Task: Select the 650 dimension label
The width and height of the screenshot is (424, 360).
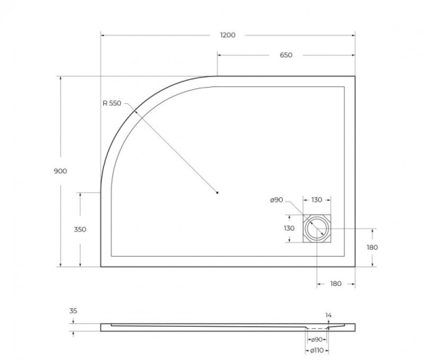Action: (x=285, y=55)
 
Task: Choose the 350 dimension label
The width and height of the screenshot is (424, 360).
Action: (x=80, y=229)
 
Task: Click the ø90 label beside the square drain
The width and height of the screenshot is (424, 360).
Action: (x=276, y=200)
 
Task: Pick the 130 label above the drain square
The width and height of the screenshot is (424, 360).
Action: (x=317, y=200)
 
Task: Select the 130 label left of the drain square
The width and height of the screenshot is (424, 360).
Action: (x=289, y=228)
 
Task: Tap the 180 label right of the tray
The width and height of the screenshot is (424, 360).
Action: (x=372, y=247)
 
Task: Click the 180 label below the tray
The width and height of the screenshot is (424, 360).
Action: (x=336, y=283)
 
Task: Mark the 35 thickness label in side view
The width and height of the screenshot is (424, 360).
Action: (x=73, y=310)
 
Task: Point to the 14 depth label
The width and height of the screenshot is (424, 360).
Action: (x=328, y=315)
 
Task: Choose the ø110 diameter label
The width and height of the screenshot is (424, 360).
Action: (x=317, y=350)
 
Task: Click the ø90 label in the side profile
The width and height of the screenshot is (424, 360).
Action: (x=317, y=339)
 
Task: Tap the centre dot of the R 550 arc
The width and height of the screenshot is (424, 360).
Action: (x=218, y=192)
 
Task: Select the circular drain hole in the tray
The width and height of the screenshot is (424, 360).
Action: (x=316, y=228)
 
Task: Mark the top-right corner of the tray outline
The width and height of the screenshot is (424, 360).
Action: (x=355, y=76)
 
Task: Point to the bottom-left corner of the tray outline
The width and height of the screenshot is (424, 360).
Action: (x=101, y=267)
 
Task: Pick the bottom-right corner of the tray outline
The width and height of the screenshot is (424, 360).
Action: (x=355, y=267)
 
